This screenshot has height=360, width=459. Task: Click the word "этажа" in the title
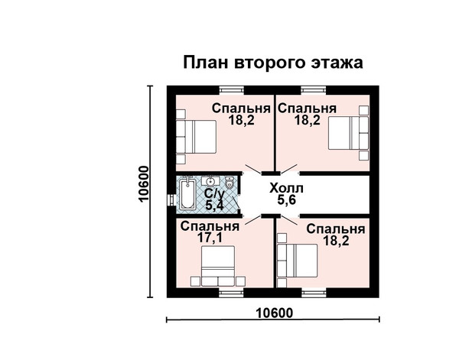[337, 62]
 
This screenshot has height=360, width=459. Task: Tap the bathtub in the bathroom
[187, 194]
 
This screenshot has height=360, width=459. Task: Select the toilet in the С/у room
[229, 183]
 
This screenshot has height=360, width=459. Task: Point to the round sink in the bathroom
[210, 181]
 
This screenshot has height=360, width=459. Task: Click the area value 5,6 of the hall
[287, 200]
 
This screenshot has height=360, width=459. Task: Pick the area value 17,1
[210, 238]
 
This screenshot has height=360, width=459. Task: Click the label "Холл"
[286, 188]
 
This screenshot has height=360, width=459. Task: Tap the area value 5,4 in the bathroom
[214, 206]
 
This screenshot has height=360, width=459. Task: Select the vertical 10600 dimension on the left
[144, 183]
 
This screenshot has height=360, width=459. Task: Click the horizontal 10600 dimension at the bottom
[275, 313]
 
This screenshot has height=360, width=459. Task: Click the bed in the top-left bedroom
[196, 137]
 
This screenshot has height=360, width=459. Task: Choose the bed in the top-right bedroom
[348, 133]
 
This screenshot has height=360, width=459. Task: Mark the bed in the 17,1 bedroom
[218, 266]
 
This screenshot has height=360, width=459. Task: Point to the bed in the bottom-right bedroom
[298, 261]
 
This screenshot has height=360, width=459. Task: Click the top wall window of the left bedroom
[232, 89]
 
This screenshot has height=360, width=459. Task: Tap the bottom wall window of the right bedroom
[314, 293]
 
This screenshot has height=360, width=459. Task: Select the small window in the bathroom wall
[171, 200]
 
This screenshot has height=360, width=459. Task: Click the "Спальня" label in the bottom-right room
[336, 229]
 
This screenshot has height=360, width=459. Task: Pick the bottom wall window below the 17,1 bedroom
[231, 293]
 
